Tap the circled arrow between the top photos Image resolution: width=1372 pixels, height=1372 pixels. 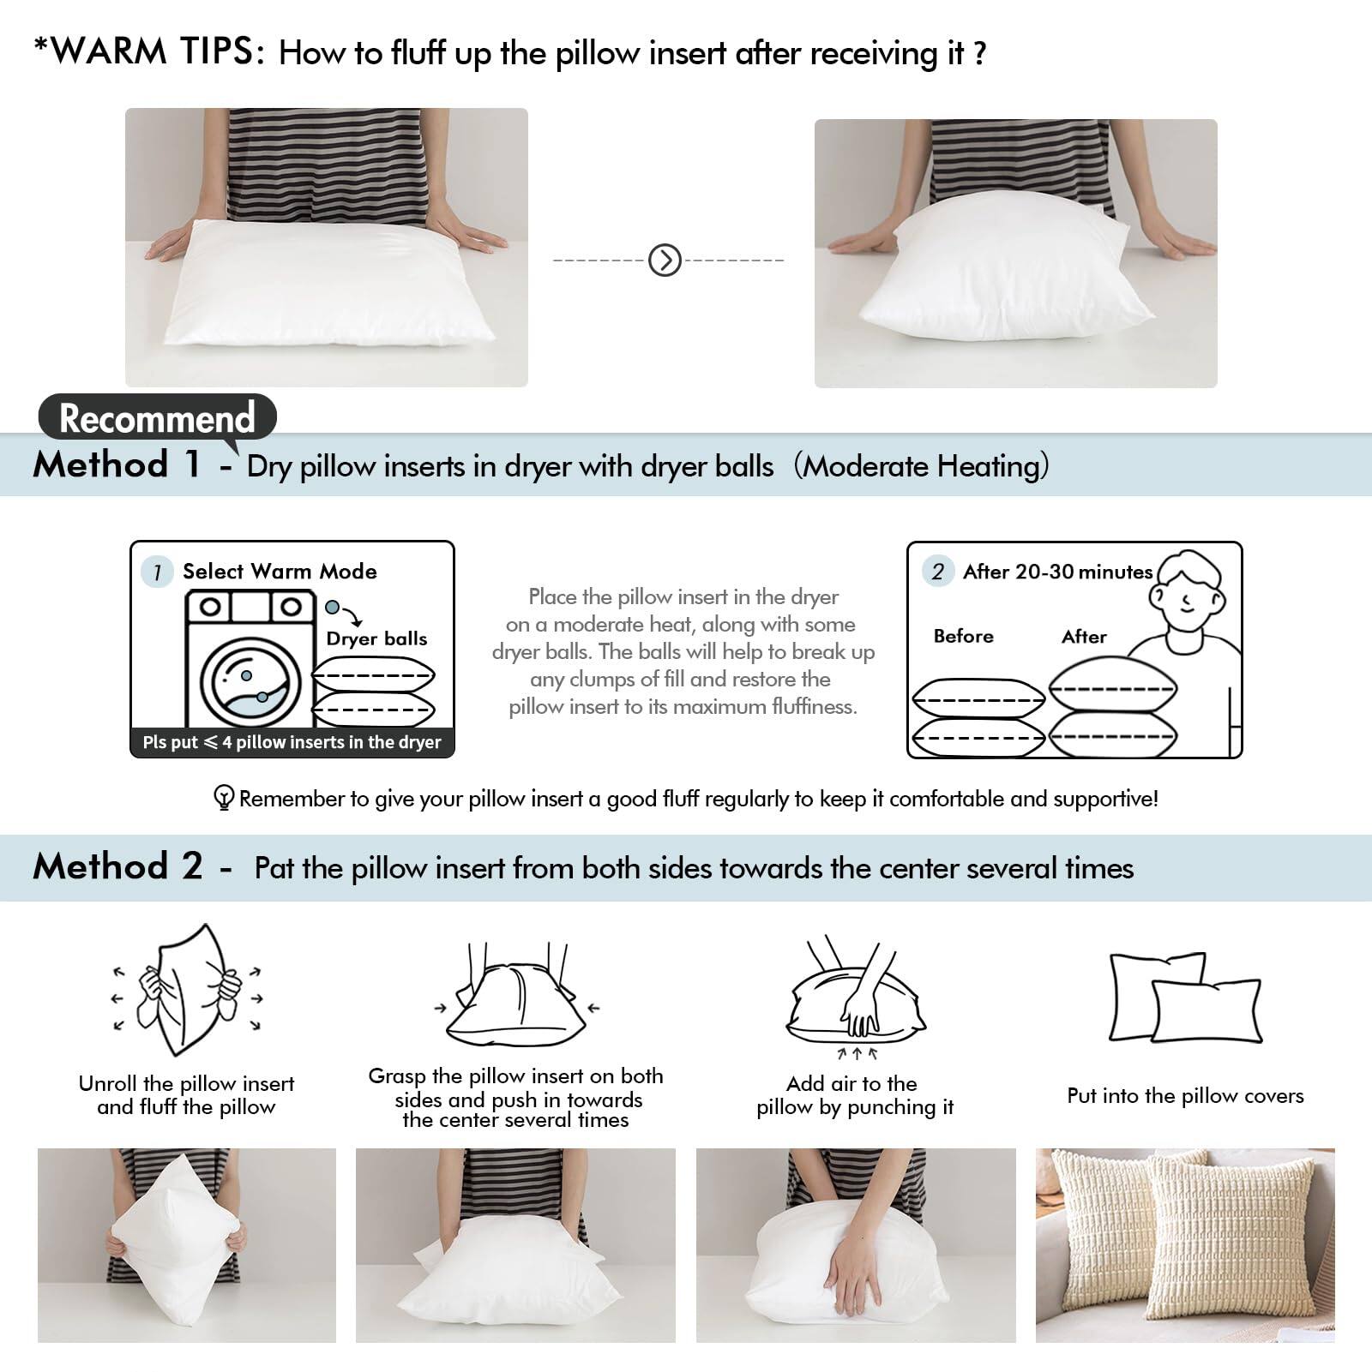[665, 260]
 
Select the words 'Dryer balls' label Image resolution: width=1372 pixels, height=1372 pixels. [376, 638]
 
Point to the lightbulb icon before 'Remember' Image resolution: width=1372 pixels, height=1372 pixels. [223, 798]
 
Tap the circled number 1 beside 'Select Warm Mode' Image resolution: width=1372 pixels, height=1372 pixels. [157, 572]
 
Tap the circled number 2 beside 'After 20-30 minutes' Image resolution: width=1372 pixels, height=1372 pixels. [937, 572]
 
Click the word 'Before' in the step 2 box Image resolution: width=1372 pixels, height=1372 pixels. [963, 636]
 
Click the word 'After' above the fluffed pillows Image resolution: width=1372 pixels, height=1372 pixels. [1084, 636]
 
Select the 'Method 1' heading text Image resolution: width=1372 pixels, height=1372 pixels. [117, 465]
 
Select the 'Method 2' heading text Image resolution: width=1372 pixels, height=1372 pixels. [117, 866]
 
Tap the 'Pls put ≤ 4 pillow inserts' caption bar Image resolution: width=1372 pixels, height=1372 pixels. [292, 742]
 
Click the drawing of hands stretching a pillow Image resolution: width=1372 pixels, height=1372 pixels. [186, 992]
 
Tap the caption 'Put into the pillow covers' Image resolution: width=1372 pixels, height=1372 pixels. [1185, 1095]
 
